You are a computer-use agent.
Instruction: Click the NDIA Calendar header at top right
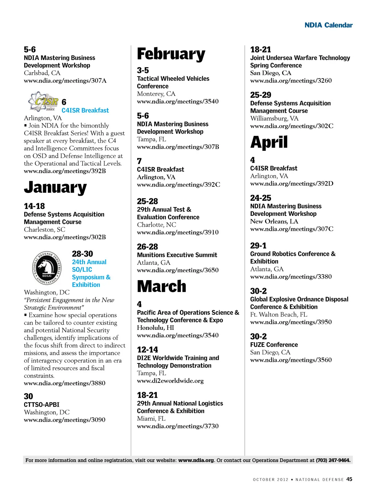(328, 25)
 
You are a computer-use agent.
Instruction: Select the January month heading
(55, 187)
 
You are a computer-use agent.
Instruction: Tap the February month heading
(171, 54)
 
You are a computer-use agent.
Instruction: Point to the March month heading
(162, 286)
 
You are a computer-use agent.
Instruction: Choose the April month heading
(269, 142)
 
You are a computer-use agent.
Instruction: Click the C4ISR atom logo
(43, 101)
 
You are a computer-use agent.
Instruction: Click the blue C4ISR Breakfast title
(85, 110)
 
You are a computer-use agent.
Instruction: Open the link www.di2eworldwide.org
(170, 381)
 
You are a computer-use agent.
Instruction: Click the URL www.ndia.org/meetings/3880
(65, 383)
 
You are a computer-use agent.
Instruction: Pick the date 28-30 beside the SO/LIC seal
(82, 254)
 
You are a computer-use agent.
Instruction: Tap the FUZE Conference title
(274, 345)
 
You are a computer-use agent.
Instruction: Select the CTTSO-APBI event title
(42, 404)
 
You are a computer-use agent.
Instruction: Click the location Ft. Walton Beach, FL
(279, 314)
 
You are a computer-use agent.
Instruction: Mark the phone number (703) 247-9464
(333, 460)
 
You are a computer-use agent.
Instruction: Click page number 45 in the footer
(349, 479)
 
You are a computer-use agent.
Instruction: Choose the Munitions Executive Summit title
(177, 255)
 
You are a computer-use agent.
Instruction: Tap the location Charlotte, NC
(157, 225)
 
